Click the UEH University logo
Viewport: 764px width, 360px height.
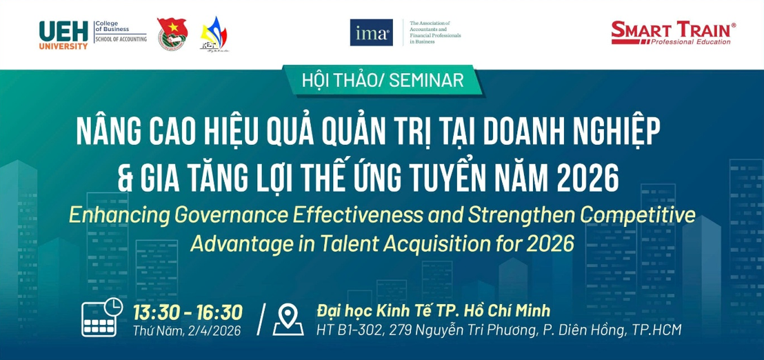click(x=63, y=34)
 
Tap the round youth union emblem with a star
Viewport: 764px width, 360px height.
click(x=171, y=34)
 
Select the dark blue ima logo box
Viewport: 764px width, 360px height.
click(x=371, y=32)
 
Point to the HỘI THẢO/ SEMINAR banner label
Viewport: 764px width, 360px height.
click(x=383, y=80)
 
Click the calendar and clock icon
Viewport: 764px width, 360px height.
click(x=102, y=318)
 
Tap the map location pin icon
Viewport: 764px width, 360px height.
click(x=288, y=319)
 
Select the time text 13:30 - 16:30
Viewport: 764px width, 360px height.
click(x=187, y=312)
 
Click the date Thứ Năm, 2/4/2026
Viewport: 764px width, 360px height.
click(x=187, y=331)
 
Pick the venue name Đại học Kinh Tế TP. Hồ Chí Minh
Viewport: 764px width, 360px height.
click(x=433, y=310)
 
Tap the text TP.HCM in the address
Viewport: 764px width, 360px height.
click(x=656, y=330)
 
